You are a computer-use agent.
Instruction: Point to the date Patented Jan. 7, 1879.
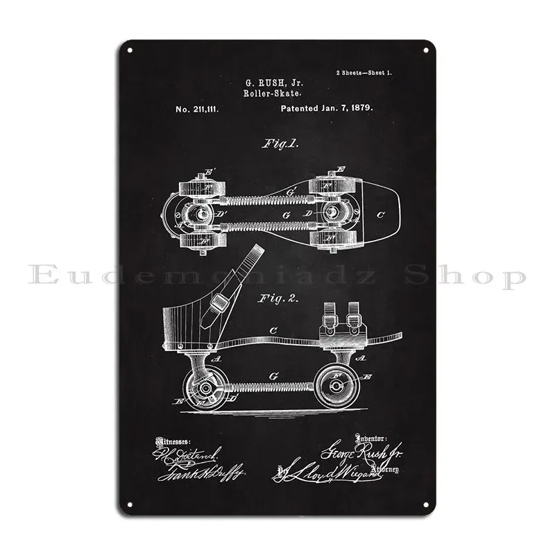click(327, 109)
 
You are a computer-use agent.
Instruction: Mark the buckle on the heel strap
click(219, 302)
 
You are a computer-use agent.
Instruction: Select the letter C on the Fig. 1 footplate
click(379, 214)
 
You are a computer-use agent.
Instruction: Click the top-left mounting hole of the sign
click(128, 50)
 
